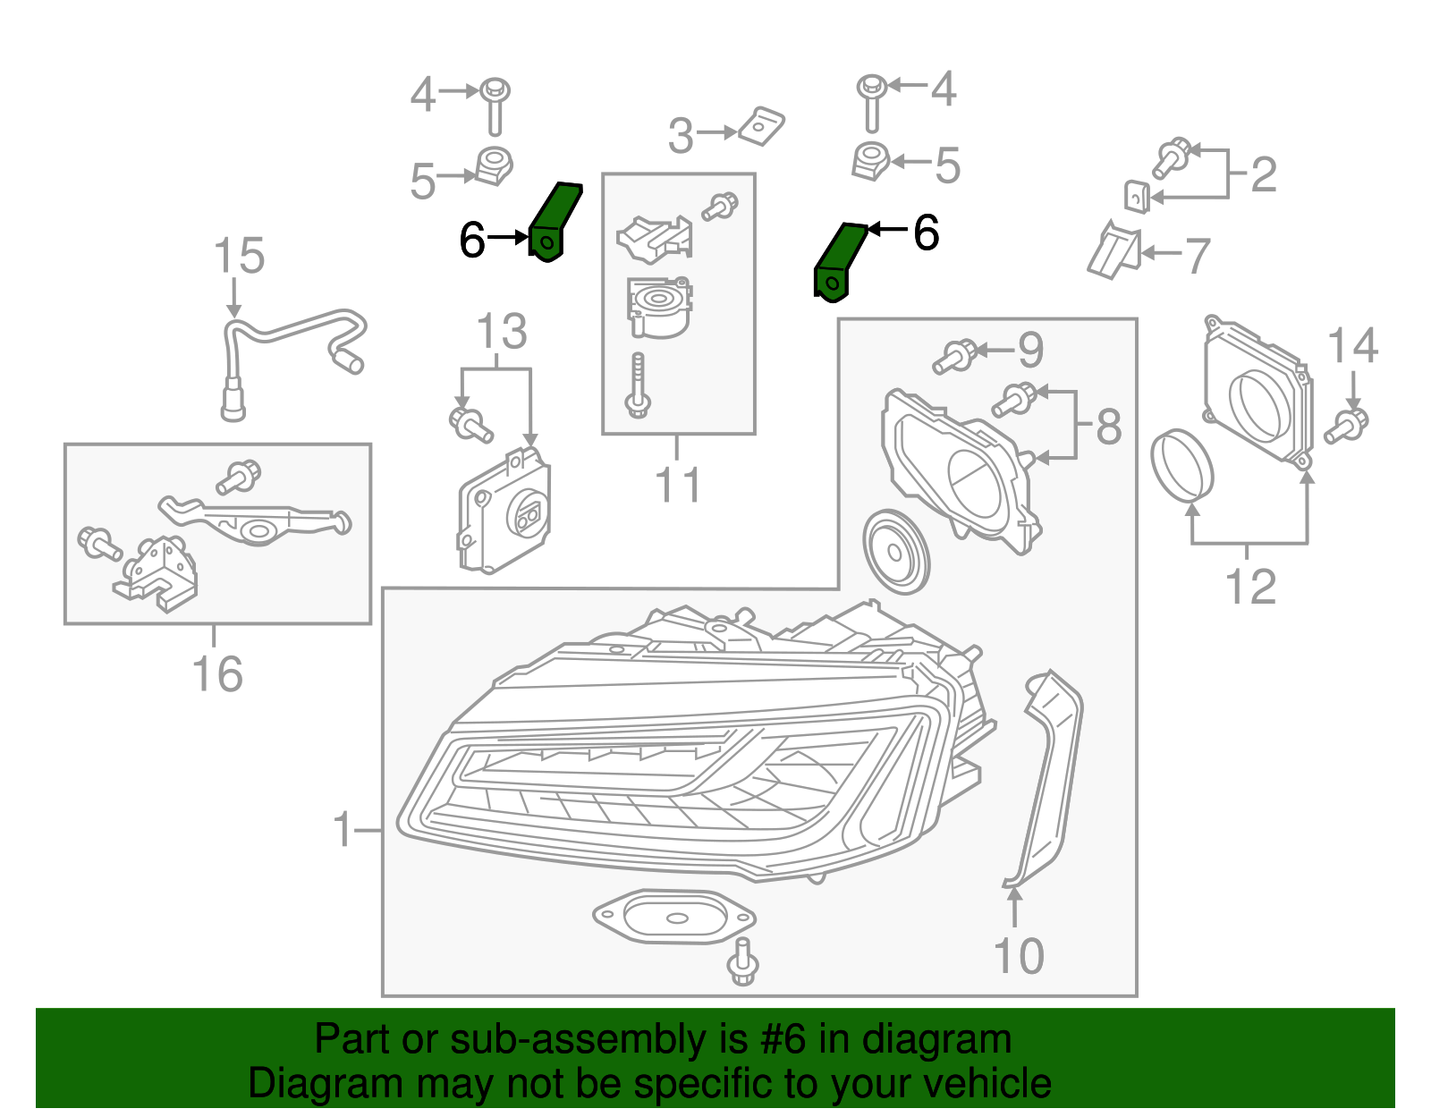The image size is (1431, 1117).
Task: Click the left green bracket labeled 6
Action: coord(555,224)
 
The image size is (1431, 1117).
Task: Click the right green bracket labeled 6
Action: coord(839,261)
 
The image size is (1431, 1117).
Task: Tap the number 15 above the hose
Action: coord(239,256)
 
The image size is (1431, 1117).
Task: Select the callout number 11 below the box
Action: coord(678,486)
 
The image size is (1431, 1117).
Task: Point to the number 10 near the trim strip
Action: coord(1019,956)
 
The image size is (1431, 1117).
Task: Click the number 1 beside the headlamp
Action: coord(343,829)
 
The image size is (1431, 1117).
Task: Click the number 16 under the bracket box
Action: coord(217,673)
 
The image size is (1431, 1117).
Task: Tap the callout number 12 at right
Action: coord(1249,588)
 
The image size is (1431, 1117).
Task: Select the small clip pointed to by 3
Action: coord(762,126)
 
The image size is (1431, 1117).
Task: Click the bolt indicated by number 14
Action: coord(1347,426)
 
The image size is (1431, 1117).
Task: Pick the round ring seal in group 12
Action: coord(1181,464)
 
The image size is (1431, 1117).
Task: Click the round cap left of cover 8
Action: coord(895,552)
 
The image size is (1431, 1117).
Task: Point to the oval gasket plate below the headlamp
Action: coord(673,917)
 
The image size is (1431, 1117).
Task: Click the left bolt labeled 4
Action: coord(494,105)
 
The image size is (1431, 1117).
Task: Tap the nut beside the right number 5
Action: coord(869,161)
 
